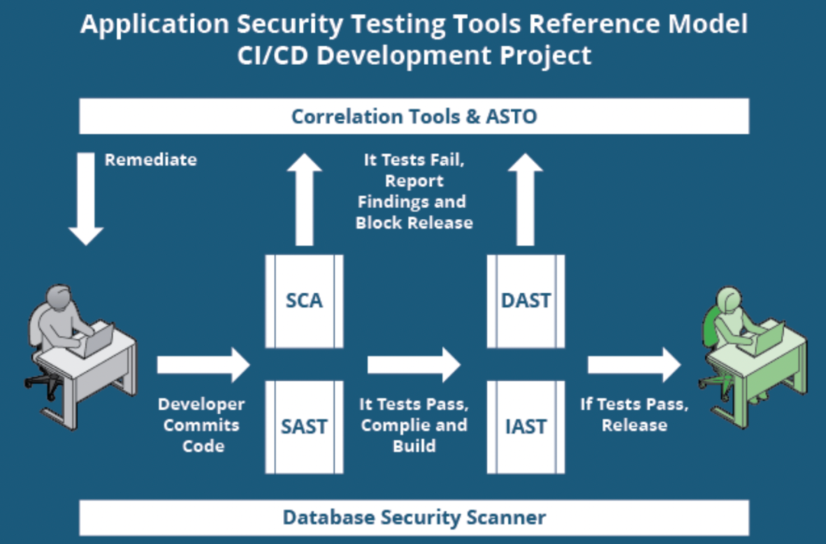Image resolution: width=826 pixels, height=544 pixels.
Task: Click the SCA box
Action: (304, 301)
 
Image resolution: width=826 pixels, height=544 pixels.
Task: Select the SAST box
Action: (304, 426)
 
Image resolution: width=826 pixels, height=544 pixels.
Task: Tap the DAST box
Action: (525, 301)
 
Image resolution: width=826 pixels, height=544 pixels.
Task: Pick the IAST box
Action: (525, 426)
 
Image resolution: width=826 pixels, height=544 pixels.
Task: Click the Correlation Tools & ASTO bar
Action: (414, 116)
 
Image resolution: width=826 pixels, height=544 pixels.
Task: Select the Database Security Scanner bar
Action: (414, 517)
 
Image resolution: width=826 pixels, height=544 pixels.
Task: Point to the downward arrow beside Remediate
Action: (86, 199)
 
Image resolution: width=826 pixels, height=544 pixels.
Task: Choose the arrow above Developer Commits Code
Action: (203, 365)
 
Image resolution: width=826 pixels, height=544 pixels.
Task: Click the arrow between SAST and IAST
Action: (413, 365)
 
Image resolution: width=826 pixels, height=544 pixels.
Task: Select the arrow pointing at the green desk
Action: (633, 365)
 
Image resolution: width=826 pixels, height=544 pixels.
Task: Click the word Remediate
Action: (151, 160)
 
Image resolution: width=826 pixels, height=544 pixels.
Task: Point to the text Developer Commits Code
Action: (202, 425)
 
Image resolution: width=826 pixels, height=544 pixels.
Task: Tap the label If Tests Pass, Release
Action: (634, 414)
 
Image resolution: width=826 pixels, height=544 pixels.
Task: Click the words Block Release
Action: (414, 223)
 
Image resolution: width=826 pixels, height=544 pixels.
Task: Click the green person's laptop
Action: (768, 338)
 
